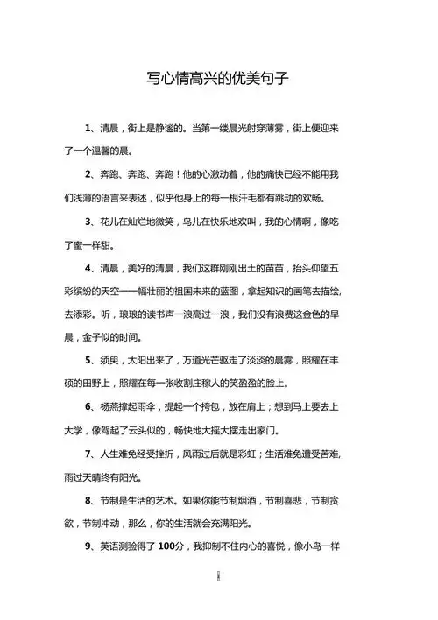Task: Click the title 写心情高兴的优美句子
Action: (x=218, y=78)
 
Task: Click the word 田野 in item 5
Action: (x=84, y=384)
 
